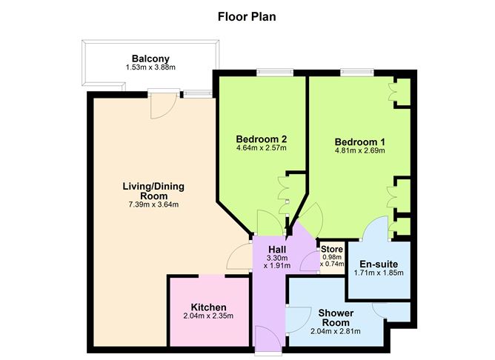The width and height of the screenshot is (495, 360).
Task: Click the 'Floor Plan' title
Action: [x=247, y=16]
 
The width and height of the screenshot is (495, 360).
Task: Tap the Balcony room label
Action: [x=150, y=59]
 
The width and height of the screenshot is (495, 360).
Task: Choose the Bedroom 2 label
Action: [x=261, y=139]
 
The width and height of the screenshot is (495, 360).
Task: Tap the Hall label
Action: [x=278, y=249]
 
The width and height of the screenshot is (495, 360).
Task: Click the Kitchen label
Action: [x=208, y=307]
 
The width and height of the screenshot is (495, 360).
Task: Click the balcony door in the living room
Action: [x=162, y=104]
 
